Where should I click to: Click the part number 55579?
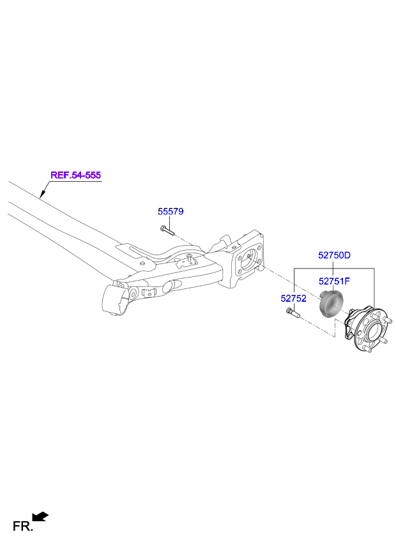(x=171, y=211)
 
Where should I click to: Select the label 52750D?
(x=335, y=255)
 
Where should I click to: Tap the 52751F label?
(x=335, y=280)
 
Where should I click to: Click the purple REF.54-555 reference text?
(x=76, y=175)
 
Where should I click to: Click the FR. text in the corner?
(x=22, y=526)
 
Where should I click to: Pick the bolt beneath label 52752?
(x=293, y=313)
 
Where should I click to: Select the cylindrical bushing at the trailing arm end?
(x=116, y=299)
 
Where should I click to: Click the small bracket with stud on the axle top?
(x=190, y=260)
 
